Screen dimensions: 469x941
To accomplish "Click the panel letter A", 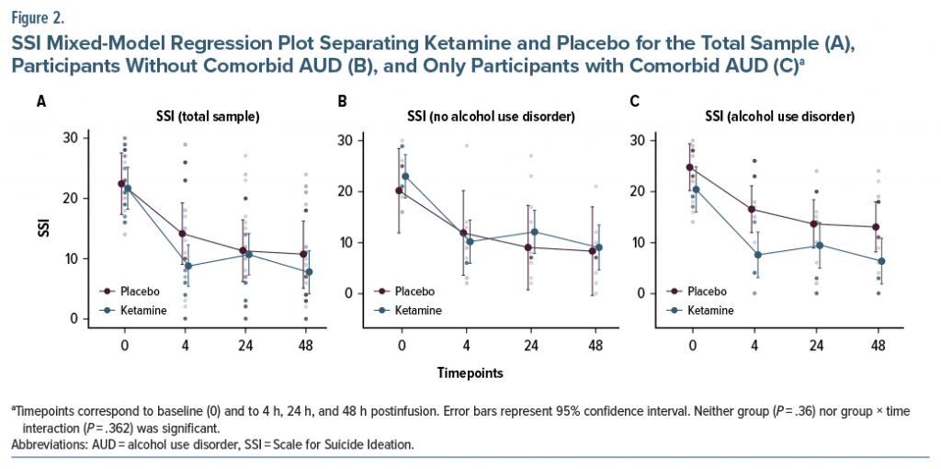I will coord(41,101).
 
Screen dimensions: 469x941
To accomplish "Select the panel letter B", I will coord(343,101).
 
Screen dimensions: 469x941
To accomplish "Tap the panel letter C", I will coord(635,101).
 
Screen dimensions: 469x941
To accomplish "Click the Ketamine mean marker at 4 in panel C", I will coord(756,255).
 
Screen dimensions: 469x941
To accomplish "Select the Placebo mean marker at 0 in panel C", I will coord(689,167).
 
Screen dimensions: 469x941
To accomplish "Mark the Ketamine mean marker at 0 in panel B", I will coord(404,177).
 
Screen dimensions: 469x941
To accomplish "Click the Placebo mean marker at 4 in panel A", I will coord(184,234).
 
